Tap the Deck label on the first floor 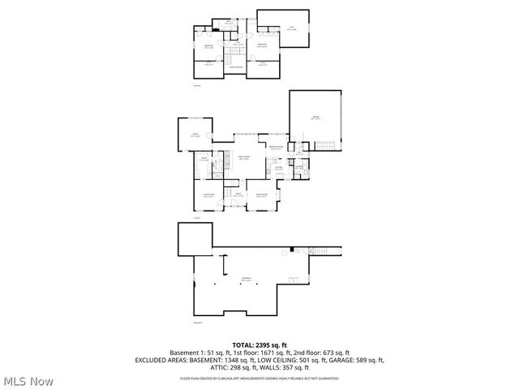point(195,135)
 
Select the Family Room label point(243,158)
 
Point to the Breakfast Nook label point(277,147)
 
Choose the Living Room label point(208,195)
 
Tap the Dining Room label point(262,195)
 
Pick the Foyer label point(238,194)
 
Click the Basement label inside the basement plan point(246,279)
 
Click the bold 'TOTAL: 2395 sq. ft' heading point(259,344)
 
